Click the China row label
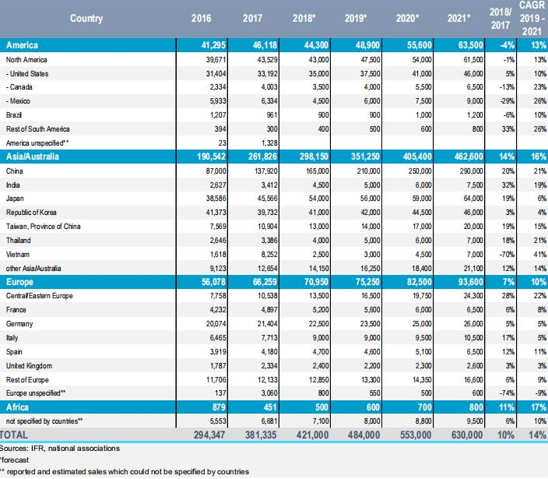(x=13, y=171)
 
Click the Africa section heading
(x=19, y=407)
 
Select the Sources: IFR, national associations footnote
(x=60, y=448)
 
